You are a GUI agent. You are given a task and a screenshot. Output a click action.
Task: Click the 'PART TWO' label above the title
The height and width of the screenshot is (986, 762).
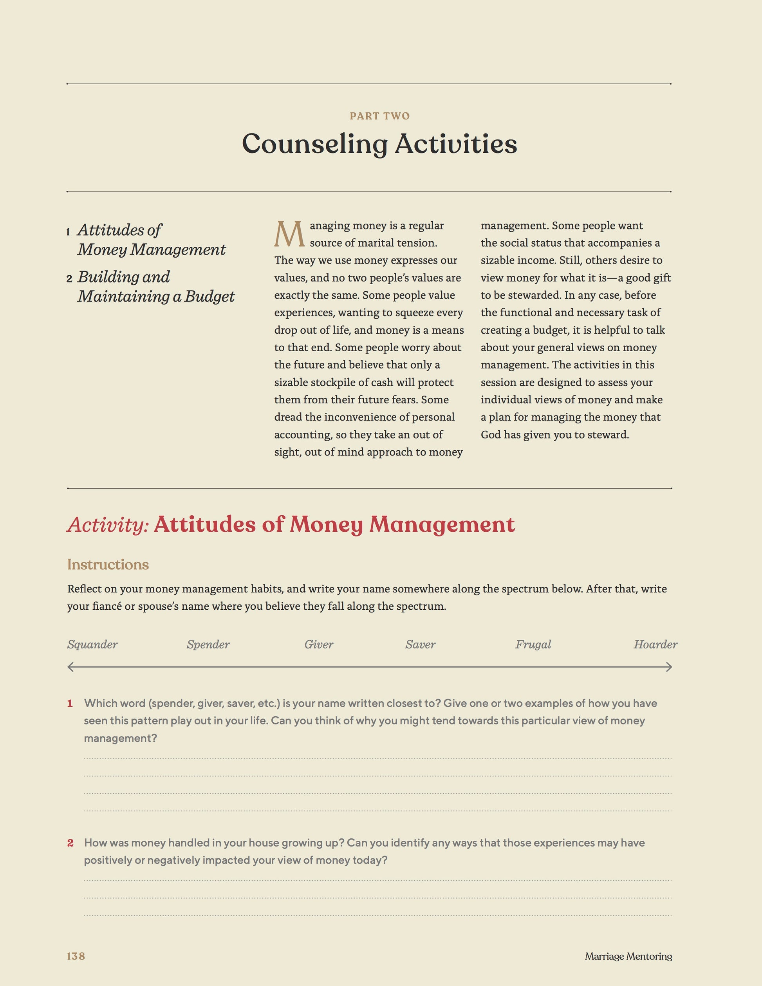[x=380, y=116]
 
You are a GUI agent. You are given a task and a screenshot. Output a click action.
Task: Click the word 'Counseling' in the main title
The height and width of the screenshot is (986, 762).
[x=315, y=144]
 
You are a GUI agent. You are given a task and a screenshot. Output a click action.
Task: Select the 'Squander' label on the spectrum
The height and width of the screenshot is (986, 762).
[x=92, y=644]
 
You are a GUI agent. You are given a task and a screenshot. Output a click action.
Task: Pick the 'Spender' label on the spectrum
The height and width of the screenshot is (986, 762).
[x=208, y=644]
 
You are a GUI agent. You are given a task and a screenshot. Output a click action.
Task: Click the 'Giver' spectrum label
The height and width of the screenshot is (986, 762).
[x=319, y=644]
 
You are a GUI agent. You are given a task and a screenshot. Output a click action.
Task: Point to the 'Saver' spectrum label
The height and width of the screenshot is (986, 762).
[x=420, y=644]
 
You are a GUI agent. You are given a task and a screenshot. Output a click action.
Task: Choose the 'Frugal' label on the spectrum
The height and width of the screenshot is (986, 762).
[x=533, y=644]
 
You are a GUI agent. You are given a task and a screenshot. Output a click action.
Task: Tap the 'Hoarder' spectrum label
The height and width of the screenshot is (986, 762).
[x=655, y=644]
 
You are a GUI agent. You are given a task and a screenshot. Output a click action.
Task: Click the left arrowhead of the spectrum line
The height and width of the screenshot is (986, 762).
[x=70, y=667]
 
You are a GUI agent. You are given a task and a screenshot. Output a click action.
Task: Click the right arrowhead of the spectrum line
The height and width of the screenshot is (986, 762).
[x=670, y=667]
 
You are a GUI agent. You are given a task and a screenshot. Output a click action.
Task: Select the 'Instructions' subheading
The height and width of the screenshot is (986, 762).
[x=108, y=564]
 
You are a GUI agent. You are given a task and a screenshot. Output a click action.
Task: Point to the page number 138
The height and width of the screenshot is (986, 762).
[x=76, y=956]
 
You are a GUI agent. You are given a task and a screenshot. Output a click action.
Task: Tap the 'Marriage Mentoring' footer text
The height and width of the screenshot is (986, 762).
[x=628, y=956]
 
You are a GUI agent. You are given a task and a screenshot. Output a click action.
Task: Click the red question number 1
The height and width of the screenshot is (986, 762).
[x=70, y=703]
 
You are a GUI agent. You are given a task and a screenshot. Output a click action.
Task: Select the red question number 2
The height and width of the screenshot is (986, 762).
[x=70, y=842]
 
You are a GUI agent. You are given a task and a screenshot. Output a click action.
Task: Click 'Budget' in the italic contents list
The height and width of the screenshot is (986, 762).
[x=209, y=296]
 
